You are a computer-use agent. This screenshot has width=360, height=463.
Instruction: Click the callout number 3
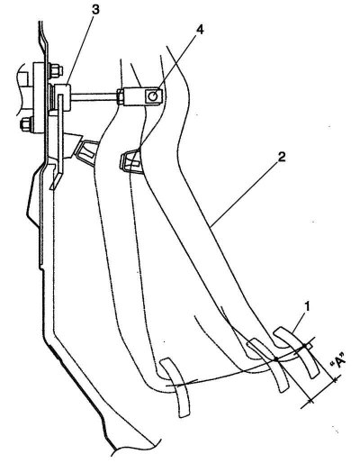click(x=95, y=9)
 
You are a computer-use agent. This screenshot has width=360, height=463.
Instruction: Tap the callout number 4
click(x=200, y=31)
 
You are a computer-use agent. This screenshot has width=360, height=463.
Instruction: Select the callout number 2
click(x=281, y=158)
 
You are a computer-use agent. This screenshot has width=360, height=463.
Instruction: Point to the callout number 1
click(x=307, y=307)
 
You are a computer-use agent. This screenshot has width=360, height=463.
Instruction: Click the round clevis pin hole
click(x=153, y=96)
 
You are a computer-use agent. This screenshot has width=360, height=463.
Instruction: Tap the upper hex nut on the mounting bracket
click(x=56, y=71)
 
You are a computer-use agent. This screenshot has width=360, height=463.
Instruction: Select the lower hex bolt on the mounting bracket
click(x=26, y=124)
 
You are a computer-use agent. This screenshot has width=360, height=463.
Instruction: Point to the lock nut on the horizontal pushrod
click(x=120, y=96)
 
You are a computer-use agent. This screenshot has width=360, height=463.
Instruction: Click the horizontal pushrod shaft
click(x=94, y=96)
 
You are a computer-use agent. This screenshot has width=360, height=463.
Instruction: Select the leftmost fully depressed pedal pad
click(x=175, y=387)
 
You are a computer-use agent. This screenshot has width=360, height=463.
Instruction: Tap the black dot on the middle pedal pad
click(x=275, y=359)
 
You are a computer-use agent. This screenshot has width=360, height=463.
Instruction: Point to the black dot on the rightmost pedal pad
click(x=304, y=346)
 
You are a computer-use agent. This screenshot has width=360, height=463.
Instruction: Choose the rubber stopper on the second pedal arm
click(x=130, y=161)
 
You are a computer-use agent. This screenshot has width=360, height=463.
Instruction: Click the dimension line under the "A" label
click(x=323, y=390)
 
